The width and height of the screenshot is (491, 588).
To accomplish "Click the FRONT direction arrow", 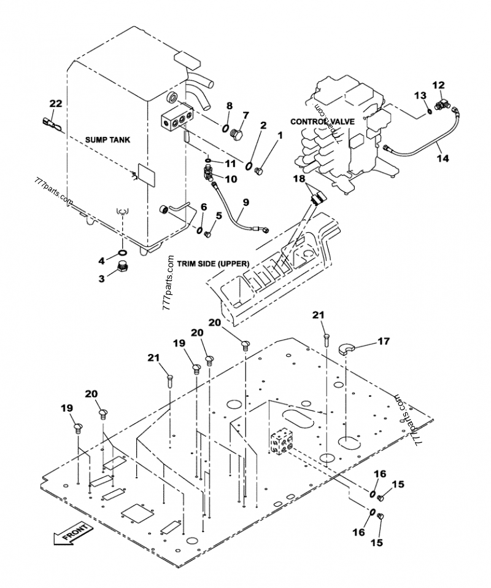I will [72, 532].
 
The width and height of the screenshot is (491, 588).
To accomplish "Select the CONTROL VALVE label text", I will [323, 122].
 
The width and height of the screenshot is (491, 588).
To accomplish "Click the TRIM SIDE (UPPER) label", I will [213, 264].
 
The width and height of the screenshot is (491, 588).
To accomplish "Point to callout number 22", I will [55, 103].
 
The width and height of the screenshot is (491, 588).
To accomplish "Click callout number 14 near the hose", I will [442, 158].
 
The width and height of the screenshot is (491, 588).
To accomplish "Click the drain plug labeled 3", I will [122, 269].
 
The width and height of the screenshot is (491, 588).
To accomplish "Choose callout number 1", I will [279, 134].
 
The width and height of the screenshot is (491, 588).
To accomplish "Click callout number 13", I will [419, 95].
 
